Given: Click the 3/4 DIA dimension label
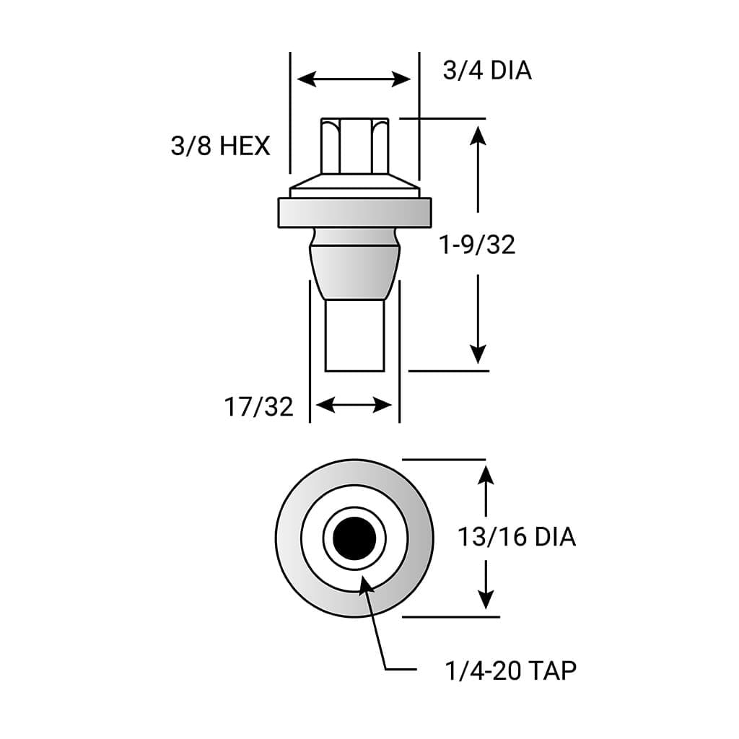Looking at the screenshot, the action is (487, 71).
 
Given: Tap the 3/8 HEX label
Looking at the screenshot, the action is (221, 145).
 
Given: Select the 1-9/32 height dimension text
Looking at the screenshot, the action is (477, 245).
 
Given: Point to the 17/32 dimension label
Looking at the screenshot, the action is (259, 407).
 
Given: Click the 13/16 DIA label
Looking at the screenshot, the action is (517, 537).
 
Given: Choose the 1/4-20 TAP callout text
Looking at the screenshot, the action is (510, 670).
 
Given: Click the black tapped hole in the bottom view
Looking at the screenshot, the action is (354, 538).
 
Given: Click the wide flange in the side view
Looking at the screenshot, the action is (354, 213).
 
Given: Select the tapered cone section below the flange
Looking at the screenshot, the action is (354, 272).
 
